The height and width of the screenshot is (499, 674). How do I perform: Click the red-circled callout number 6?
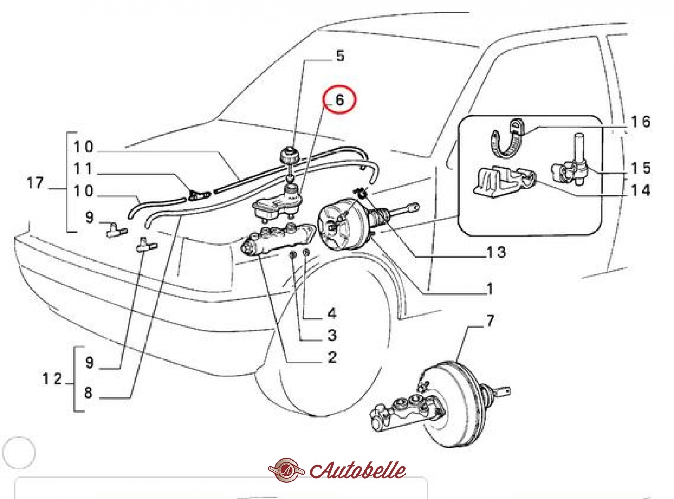tap(340, 99)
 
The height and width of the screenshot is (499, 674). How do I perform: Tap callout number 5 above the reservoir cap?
tap(340, 56)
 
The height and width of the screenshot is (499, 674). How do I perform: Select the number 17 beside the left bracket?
tap(35, 183)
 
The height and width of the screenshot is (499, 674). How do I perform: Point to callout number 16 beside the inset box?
tap(640, 122)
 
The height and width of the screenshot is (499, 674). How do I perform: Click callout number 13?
tap(496, 252)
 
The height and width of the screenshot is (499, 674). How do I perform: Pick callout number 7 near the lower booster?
tap(490, 320)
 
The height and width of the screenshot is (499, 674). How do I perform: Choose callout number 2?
tap(332, 357)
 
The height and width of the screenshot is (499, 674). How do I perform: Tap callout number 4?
tap(332, 314)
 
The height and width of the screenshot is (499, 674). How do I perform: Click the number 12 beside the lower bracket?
tap(52, 379)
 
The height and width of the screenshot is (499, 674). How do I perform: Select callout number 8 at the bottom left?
tap(88, 393)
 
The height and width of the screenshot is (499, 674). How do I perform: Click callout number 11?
tap(83, 169)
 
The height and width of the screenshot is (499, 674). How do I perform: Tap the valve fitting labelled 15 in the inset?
tap(570, 169)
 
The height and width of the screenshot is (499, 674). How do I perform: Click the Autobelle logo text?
tap(358, 470)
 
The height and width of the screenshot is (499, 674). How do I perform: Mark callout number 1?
tap(490, 289)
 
